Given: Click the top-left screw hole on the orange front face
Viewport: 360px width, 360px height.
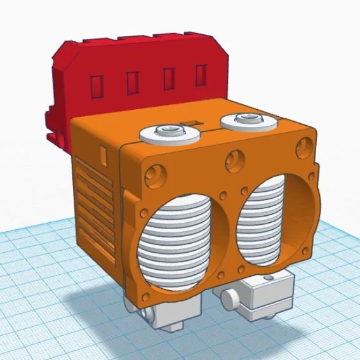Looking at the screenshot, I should point(153,173).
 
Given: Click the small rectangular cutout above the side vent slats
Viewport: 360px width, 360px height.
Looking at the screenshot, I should point(103,153).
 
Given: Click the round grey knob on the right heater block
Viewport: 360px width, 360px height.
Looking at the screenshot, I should point(230,296).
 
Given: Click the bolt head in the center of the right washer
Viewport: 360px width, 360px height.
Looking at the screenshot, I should point(245,117).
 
